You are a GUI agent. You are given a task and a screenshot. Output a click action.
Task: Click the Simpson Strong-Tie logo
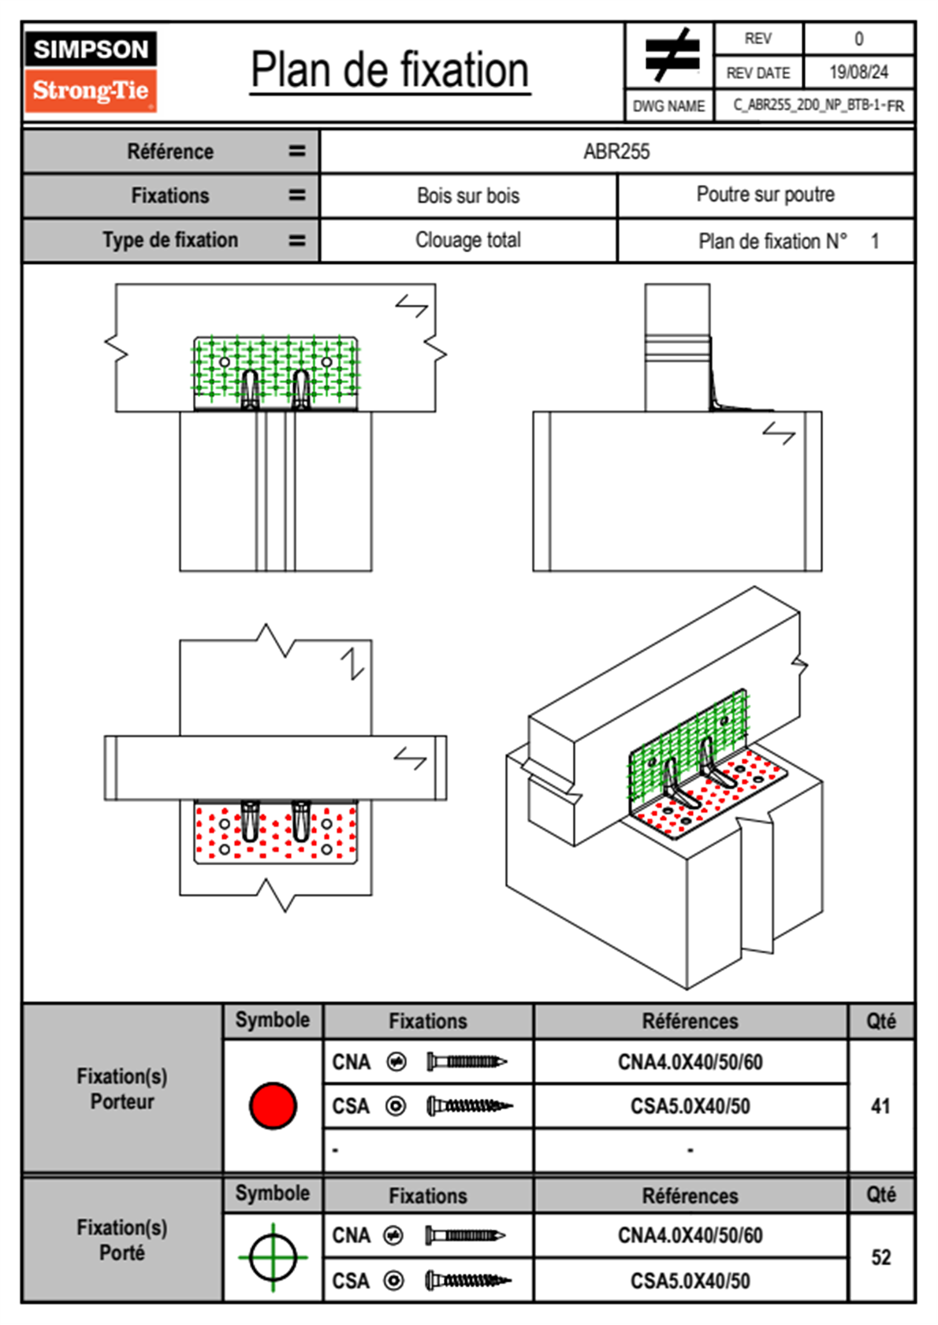point(91,71)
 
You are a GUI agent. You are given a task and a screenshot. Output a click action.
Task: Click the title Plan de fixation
point(389,71)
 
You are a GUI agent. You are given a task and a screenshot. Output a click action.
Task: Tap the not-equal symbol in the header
point(671,55)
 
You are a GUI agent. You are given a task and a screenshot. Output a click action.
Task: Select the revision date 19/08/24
point(858,72)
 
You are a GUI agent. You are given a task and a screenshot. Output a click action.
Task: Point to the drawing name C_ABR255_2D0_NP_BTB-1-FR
point(818,106)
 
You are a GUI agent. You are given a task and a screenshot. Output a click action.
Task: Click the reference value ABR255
point(616,152)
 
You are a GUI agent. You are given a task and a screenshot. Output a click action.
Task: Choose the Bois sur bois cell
point(468,196)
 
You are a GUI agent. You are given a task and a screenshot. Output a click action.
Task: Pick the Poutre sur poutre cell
point(765,195)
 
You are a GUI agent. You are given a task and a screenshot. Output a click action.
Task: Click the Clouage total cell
point(468,240)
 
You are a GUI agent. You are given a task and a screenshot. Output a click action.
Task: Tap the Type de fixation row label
point(170,240)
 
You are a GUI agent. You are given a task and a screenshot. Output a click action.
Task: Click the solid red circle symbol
point(273,1105)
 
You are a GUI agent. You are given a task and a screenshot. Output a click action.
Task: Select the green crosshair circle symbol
point(273,1257)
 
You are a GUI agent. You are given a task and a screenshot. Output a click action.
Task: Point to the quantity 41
point(880,1106)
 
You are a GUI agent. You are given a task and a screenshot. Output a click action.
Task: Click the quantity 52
point(880,1257)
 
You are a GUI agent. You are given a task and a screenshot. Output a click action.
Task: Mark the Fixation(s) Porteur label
point(122,1089)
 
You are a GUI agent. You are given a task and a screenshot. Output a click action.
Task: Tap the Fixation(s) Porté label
point(122,1240)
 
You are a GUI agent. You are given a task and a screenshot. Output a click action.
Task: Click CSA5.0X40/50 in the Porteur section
point(690,1107)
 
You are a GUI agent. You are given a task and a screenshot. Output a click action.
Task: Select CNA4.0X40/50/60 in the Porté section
point(690,1235)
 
